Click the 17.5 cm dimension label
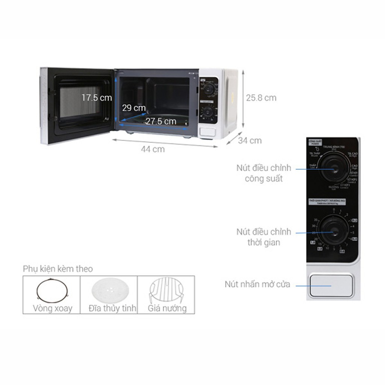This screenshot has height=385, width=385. tap(97, 98)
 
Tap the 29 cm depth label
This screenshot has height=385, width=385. tap(133, 108)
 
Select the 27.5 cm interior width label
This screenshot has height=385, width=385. tap(161, 121)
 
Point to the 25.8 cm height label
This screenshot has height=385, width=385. tap(261, 98)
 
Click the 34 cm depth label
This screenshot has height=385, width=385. tap(250, 141)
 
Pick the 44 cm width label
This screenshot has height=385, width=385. tap(153, 149)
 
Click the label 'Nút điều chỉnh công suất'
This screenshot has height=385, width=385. tap(264, 173)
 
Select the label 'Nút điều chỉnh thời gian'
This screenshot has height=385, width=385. tap(264, 237)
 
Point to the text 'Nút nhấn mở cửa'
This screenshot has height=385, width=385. tap(258, 284)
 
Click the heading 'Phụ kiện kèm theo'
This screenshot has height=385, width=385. tap(58, 269)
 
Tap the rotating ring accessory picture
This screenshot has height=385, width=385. tap(52, 290)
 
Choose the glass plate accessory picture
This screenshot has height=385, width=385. tap(108, 290)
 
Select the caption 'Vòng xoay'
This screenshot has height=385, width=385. tap(52, 308)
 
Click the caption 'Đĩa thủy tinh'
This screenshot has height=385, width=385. tap(112, 308)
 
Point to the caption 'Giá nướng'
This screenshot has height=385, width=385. tap(167, 308)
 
